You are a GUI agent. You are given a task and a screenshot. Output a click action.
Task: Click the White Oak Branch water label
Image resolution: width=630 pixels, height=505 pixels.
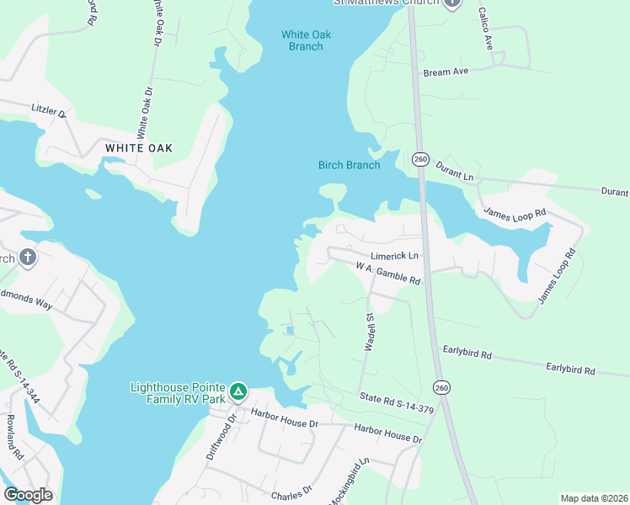pyautogui.click(x=306, y=40)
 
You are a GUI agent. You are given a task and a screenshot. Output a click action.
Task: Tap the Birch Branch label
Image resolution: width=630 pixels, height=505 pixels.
pyautogui.click(x=350, y=165)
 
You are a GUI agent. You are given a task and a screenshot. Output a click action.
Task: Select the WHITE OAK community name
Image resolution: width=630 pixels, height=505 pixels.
pyautogui.click(x=139, y=148)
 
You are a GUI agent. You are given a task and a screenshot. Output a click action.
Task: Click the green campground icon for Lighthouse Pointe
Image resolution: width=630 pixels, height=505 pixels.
pyautogui.click(x=239, y=391)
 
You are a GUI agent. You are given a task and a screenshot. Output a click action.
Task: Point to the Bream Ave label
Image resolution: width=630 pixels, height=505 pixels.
pyautogui.click(x=446, y=72)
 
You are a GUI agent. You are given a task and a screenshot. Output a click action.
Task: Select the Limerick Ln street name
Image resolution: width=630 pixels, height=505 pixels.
pyautogui.click(x=394, y=256)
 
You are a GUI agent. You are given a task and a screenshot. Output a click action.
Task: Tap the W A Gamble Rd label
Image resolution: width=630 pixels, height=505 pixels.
pyautogui.click(x=387, y=272)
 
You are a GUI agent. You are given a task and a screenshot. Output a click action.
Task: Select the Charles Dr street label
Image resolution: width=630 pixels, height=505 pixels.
pyautogui.click(x=291, y=491)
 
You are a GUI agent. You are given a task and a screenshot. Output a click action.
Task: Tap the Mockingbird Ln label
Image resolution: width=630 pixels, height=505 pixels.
pyautogui.click(x=349, y=481)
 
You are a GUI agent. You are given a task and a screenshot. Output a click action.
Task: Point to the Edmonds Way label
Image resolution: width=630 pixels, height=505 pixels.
pyautogui.click(x=25, y=299)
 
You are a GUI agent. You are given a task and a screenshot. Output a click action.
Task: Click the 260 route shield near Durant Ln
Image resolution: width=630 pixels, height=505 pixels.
pyautogui.click(x=421, y=158)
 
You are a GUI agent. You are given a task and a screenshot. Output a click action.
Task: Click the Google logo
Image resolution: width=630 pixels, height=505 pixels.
pyautogui.click(x=28, y=495)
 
